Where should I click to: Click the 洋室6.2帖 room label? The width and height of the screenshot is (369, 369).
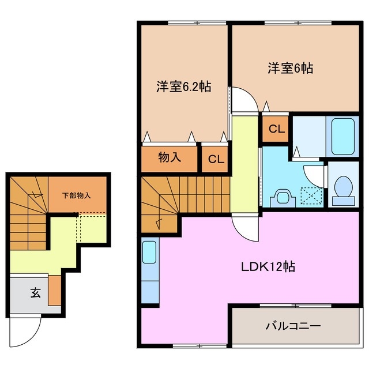[x=183, y=87]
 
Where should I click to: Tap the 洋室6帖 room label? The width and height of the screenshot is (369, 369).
[x=289, y=68]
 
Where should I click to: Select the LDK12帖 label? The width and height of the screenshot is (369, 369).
[x=268, y=267]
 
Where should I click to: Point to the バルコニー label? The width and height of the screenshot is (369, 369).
[x=292, y=326]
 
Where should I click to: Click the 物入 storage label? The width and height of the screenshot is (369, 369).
[x=170, y=157]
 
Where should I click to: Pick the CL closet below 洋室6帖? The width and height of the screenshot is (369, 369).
[x=276, y=129]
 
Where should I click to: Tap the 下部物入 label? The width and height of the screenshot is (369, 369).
[x=76, y=195]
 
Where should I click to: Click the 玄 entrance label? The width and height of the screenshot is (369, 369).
[x=35, y=293]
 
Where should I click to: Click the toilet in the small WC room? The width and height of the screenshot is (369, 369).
[x=343, y=189]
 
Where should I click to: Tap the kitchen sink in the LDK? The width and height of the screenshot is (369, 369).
[x=149, y=254]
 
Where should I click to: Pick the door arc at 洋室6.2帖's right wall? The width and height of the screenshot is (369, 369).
[x=242, y=102]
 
